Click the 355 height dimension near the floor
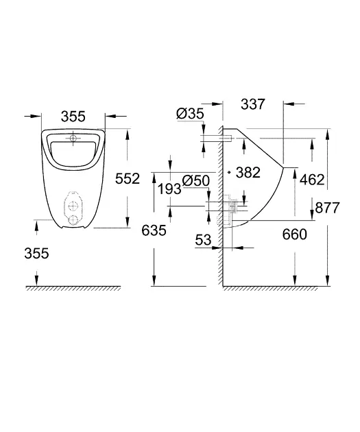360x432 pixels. coord(36,253)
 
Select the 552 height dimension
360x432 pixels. coord(128,178)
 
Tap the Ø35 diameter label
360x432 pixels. coord(189,115)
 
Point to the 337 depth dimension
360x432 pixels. coord(252,105)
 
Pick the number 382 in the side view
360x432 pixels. coord(248,172)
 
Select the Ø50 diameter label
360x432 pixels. coord(195,180)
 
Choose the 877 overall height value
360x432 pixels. coord(328,208)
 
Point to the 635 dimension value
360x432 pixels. coord(154,230)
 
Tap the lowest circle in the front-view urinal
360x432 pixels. coord(73,220)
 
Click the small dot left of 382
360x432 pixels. coord(230,173)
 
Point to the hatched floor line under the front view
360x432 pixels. coord(72,287)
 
